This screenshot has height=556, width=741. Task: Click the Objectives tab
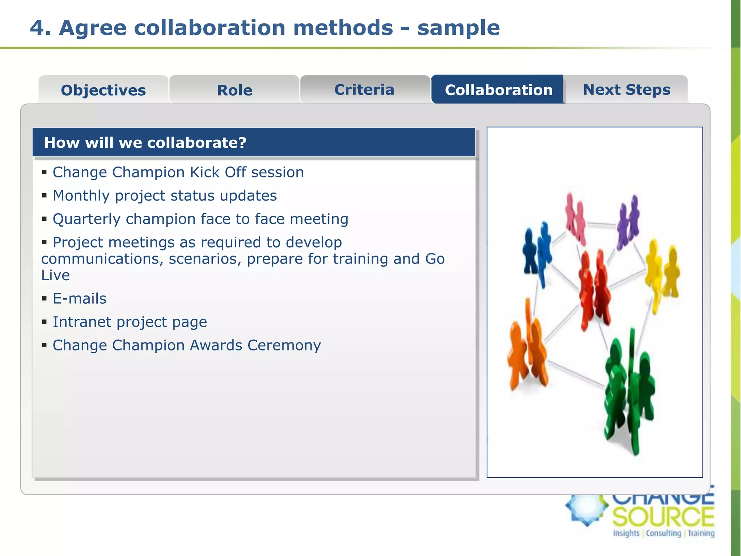[x=103, y=90]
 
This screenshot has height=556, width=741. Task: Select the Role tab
[x=234, y=90]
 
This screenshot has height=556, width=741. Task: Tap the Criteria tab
[x=364, y=89]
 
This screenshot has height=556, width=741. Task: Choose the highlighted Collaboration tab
[x=498, y=90]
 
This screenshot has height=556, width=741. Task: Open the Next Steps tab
[x=626, y=89]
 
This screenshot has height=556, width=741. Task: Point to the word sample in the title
[x=458, y=28]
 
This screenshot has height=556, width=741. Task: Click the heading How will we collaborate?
[x=145, y=143]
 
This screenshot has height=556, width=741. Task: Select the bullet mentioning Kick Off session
[x=178, y=172]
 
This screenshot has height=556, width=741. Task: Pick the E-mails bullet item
[x=79, y=299]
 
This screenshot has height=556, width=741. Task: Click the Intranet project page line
[x=130, y=322]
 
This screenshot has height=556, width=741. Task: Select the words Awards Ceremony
[x=255, y=345]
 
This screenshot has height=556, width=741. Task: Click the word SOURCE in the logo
[x=663, y=517]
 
